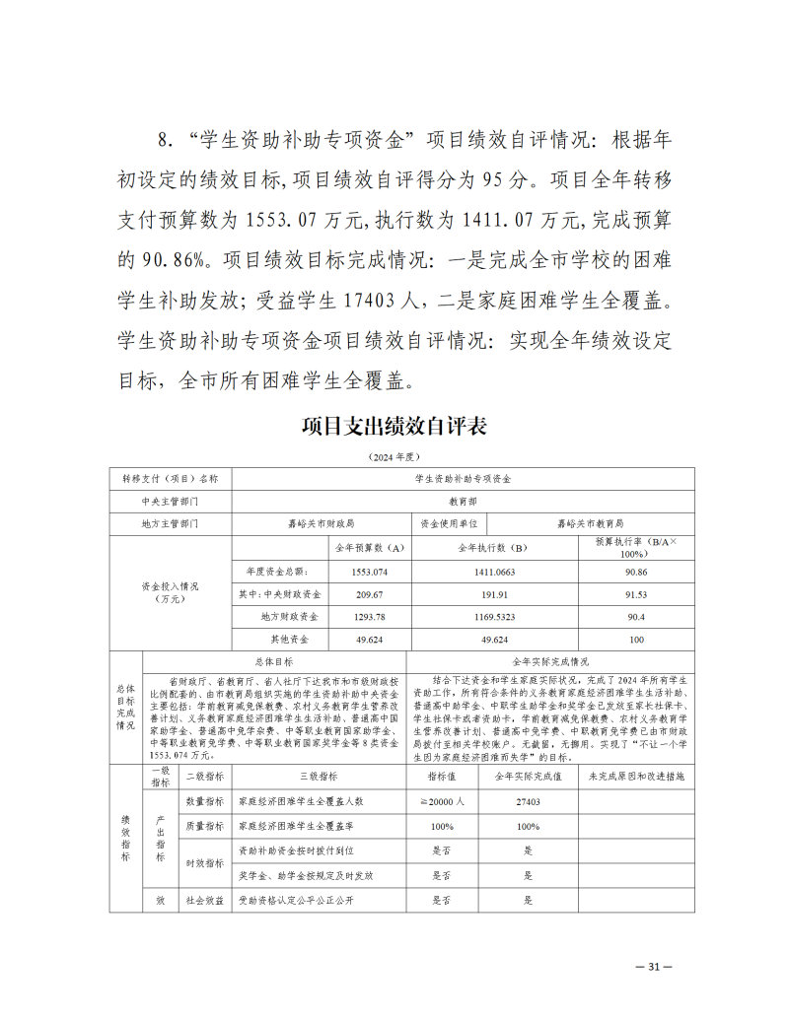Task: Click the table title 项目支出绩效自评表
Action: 394,427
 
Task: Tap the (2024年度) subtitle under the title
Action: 394,457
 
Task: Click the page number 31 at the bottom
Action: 652,967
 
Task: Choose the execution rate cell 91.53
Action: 636,594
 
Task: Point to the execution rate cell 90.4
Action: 636,617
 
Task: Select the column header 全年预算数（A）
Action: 370,547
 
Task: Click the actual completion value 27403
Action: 529,802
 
